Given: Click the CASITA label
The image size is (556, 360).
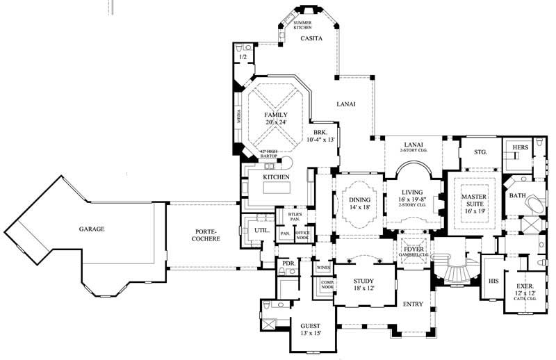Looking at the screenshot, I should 310,40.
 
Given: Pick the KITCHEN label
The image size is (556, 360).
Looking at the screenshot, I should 276,177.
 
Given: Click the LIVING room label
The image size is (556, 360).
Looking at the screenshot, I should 412,193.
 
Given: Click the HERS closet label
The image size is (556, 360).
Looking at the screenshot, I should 521,148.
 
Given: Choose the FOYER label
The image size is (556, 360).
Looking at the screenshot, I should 414,248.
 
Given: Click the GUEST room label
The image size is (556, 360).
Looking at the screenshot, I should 311,326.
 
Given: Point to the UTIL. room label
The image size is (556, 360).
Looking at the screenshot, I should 262,228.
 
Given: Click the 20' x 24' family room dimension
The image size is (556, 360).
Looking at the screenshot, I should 276,122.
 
